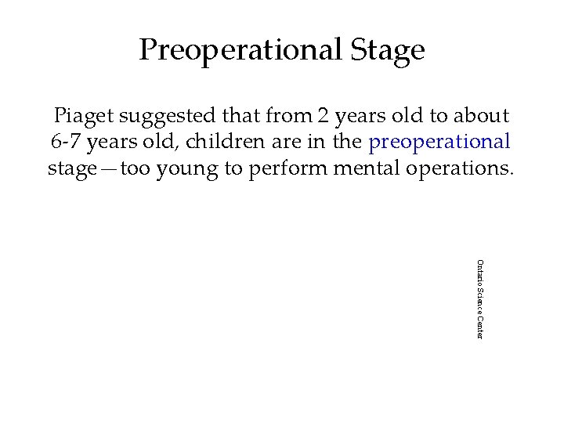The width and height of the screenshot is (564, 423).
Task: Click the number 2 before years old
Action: [323, 116]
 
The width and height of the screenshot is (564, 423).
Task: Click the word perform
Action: [289, 168]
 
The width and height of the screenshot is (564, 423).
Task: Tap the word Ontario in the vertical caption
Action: [480, 270]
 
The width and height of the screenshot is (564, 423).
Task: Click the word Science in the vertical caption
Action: [480, 298]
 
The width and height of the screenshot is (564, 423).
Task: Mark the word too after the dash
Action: [138, 168]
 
